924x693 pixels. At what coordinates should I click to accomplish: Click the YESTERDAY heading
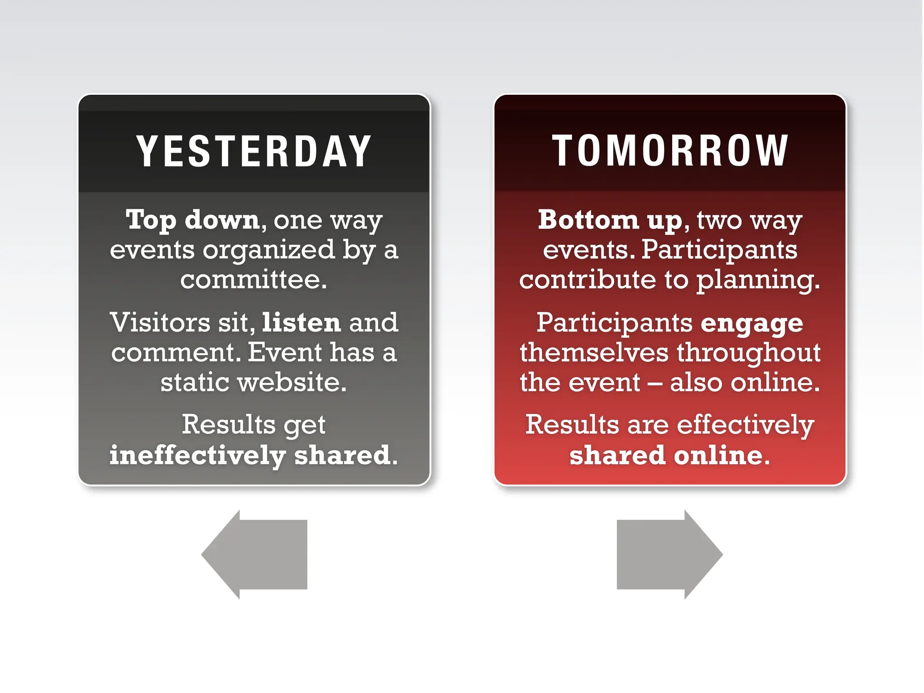point(254,152)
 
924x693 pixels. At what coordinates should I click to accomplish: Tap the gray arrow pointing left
point(255,554)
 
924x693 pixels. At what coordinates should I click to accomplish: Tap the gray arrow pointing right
point(670,554)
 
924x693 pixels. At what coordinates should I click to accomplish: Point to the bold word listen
point(301,323)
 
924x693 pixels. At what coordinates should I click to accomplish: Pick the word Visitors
point(160,323)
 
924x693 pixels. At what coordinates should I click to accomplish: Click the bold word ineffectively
point(198,455)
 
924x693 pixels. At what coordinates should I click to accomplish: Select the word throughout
point(748,353)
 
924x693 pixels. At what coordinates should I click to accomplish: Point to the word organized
point(268,250)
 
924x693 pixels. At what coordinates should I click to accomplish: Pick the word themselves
point(594,353)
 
